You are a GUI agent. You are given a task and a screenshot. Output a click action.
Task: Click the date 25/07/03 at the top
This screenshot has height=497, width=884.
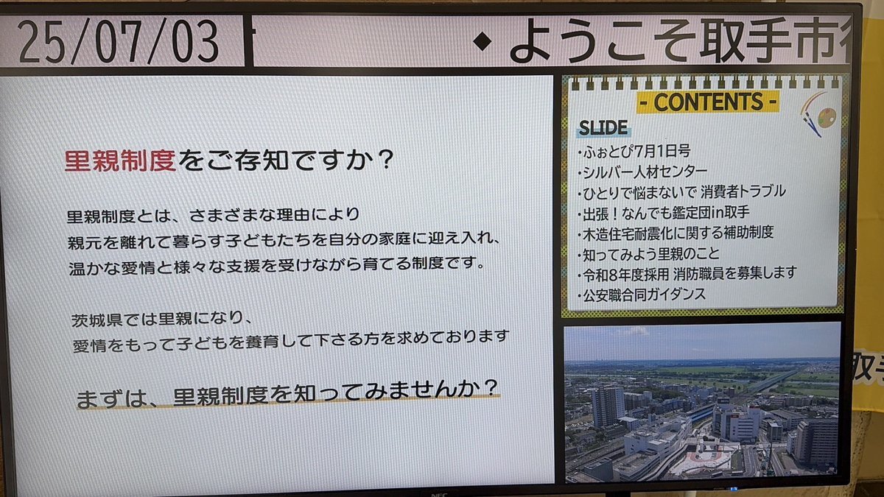click(119, 41)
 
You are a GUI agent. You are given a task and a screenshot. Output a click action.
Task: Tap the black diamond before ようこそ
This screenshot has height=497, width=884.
click(483, 41)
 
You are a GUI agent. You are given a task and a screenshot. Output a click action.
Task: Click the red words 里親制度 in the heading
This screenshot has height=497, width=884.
click(120, 161)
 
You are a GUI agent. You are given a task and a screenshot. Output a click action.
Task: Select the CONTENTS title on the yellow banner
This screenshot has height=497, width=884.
click(709, 102)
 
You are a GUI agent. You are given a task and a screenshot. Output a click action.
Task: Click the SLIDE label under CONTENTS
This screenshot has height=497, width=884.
click(603, 128)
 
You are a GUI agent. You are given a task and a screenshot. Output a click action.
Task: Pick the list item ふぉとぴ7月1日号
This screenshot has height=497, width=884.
click(634, 151)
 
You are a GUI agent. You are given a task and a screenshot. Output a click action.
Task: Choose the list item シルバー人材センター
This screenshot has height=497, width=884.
click(642, 172)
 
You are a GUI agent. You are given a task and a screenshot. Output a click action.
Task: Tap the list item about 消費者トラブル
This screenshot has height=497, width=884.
click(681, 192)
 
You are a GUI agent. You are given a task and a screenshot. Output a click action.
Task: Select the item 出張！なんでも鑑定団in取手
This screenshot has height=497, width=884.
click(663, 214)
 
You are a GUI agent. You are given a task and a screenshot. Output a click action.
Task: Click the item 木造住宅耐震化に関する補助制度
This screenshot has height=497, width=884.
click(676, 233)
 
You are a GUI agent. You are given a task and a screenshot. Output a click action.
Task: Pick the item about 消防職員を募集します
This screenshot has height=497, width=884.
click(687, 274)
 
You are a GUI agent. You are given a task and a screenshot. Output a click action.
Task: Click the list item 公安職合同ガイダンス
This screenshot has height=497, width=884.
click(642, 295)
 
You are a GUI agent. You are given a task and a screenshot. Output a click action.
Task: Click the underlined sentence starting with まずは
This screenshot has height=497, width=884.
click(288, 394)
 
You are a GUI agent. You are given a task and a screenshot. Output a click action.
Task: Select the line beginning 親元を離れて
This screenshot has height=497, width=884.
click(284, 240)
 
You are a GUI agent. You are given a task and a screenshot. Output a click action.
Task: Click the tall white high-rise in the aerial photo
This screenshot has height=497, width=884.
click(607, 406)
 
